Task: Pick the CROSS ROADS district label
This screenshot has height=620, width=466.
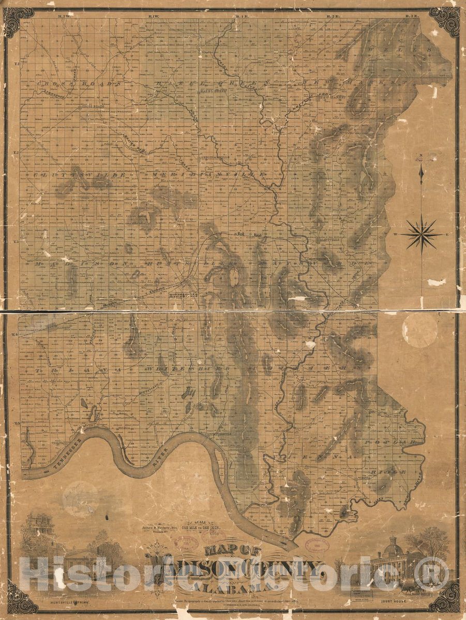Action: (78, 83)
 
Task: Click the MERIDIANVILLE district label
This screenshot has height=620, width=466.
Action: (207, 176)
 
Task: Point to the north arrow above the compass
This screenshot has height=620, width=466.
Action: (421, 171)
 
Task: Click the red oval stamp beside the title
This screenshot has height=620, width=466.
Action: (316, 546)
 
